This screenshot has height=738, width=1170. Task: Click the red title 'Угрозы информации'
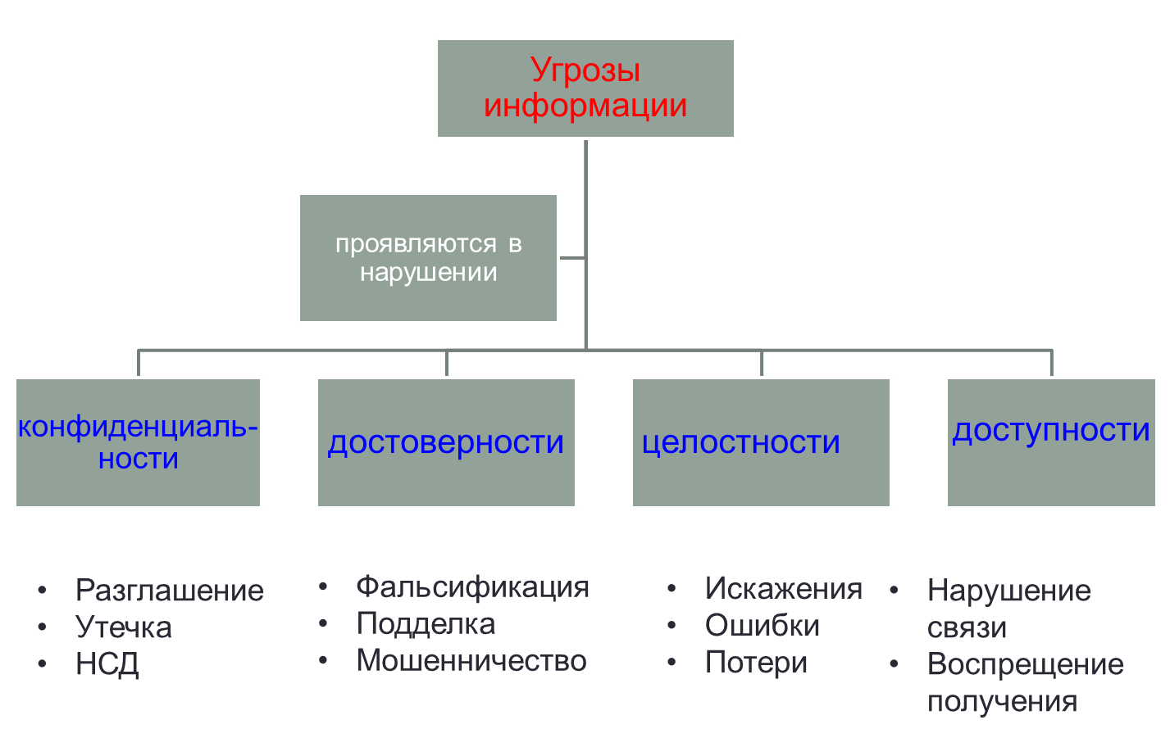[x=585, y=88]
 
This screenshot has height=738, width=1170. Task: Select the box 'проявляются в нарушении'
[x=428, y=258]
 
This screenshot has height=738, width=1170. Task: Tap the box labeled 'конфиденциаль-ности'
[x=138, y=442]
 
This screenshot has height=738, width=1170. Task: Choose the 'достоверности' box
[x=446, y=442]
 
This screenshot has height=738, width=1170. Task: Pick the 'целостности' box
[x=760, y=442]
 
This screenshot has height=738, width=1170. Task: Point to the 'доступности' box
[x=1050, y=442]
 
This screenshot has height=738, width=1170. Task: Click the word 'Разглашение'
[x=169, y=591]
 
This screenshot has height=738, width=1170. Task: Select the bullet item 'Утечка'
[x=123, y=627]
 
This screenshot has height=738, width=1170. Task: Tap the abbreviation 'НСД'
[x=107, y=664]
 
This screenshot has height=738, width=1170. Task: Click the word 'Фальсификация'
[x=472, y=587]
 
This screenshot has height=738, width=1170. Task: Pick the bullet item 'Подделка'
[x=426, y=624]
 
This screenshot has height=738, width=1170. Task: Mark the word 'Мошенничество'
[x=471, y=661]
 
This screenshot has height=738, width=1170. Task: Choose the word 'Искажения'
[x=783, y=588]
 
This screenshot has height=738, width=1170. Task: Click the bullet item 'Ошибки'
[x=762, y=626]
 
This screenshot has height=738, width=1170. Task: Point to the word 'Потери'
[x=756, y=663]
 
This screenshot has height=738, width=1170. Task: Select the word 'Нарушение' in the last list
[x=1008, y=591]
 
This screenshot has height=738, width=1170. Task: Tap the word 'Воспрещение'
[x=1025, y=664]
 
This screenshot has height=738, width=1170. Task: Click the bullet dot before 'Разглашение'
[x=42, y=591]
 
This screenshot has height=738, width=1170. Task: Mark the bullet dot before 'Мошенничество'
[x=323, y=660]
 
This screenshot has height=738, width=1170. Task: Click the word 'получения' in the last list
[x=1002, y=702]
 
